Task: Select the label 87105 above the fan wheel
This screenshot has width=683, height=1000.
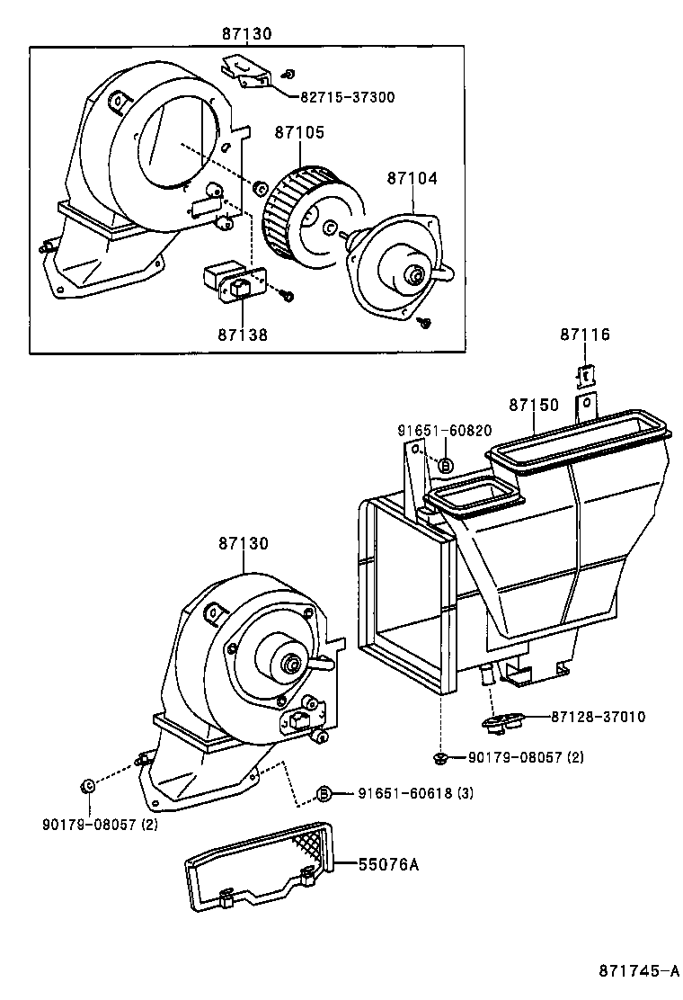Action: (299, 132)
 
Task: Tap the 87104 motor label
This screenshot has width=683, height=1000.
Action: (412, 178)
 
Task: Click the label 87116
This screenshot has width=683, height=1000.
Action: (584, 335)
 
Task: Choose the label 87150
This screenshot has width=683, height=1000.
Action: (534, 406)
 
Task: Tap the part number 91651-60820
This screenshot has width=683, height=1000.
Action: (445, 432)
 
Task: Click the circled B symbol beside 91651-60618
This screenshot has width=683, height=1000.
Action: (325, 793)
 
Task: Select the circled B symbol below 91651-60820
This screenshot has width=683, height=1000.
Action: (446, 465)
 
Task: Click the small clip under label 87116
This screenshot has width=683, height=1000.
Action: (583, 373)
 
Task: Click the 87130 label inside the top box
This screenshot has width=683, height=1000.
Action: (247, 34)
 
